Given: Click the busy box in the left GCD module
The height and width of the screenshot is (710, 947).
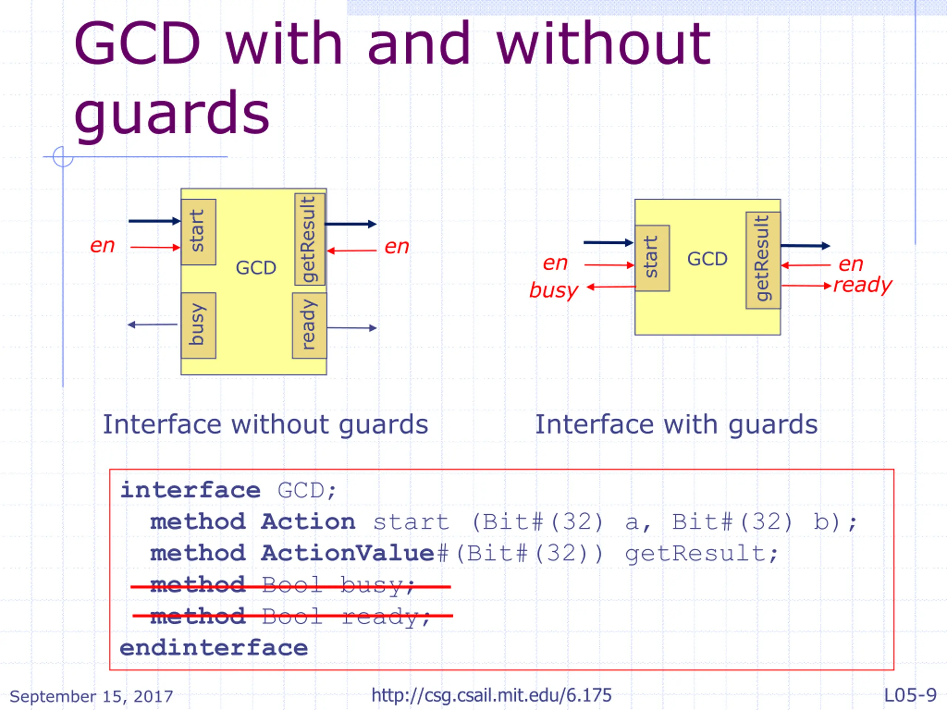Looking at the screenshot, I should pyautogui.click(x=198, y=325).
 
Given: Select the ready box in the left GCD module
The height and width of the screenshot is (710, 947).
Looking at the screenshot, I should pyautogui.click(x=309, y=325).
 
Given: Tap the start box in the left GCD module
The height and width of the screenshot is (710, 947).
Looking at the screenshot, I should pyautogui.click(x=198, y=231).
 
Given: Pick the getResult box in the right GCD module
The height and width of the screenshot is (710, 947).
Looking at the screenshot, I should pyautogui.click(x=763, y=260).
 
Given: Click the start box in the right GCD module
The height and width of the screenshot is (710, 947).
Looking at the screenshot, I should pyautogui.click(x=652, y=258).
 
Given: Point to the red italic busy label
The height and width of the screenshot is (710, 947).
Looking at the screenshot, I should pyautogui.click(x=553, y=290).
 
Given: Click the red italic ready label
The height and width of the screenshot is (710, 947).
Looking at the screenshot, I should pyautogui.click(x=863, y=285).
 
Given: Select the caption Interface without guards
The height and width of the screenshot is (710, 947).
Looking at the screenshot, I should pyautogui.click(x=266, y=425).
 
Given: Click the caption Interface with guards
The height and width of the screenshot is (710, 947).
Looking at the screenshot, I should pyautogui.click(x=677, y=425).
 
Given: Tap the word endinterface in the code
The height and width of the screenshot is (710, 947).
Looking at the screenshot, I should pyautogui.click(x=214, y=648).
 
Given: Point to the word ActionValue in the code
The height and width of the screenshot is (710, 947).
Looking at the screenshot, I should pyautogui.click(x=348, y=553).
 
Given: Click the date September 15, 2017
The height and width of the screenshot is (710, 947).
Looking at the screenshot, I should pyautogui.click(x=91, y=696).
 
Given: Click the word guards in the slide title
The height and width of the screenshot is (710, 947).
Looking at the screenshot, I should pyautogui.click(x=172, y=114).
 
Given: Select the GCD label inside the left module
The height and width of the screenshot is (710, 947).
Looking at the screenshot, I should pyautogui.click(x=256, y=268).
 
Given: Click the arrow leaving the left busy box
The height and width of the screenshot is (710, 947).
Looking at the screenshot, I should pyautogui.click(x=152, y=325).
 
